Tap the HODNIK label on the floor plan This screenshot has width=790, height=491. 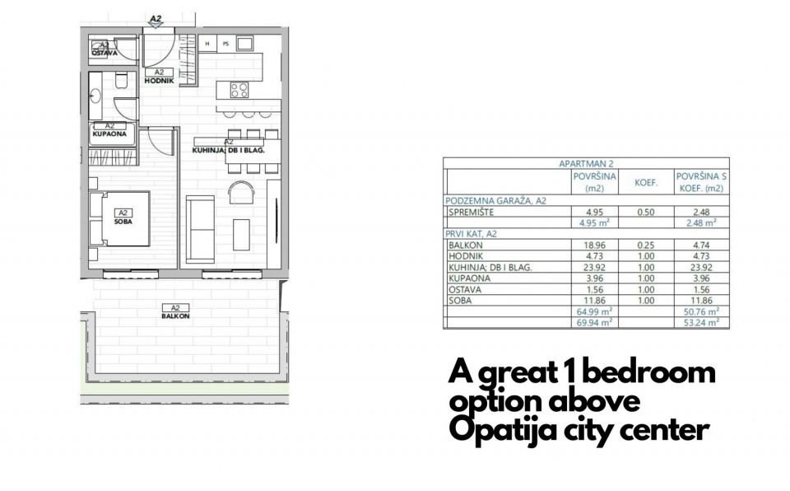click(160, 81)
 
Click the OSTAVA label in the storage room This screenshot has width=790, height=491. click(105, 53)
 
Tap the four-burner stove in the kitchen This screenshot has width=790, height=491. click(239, 90)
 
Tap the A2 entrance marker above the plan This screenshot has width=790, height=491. click(156, 16)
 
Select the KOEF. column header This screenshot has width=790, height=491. click(645, 181)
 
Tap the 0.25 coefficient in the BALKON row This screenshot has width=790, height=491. click(645, 245)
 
